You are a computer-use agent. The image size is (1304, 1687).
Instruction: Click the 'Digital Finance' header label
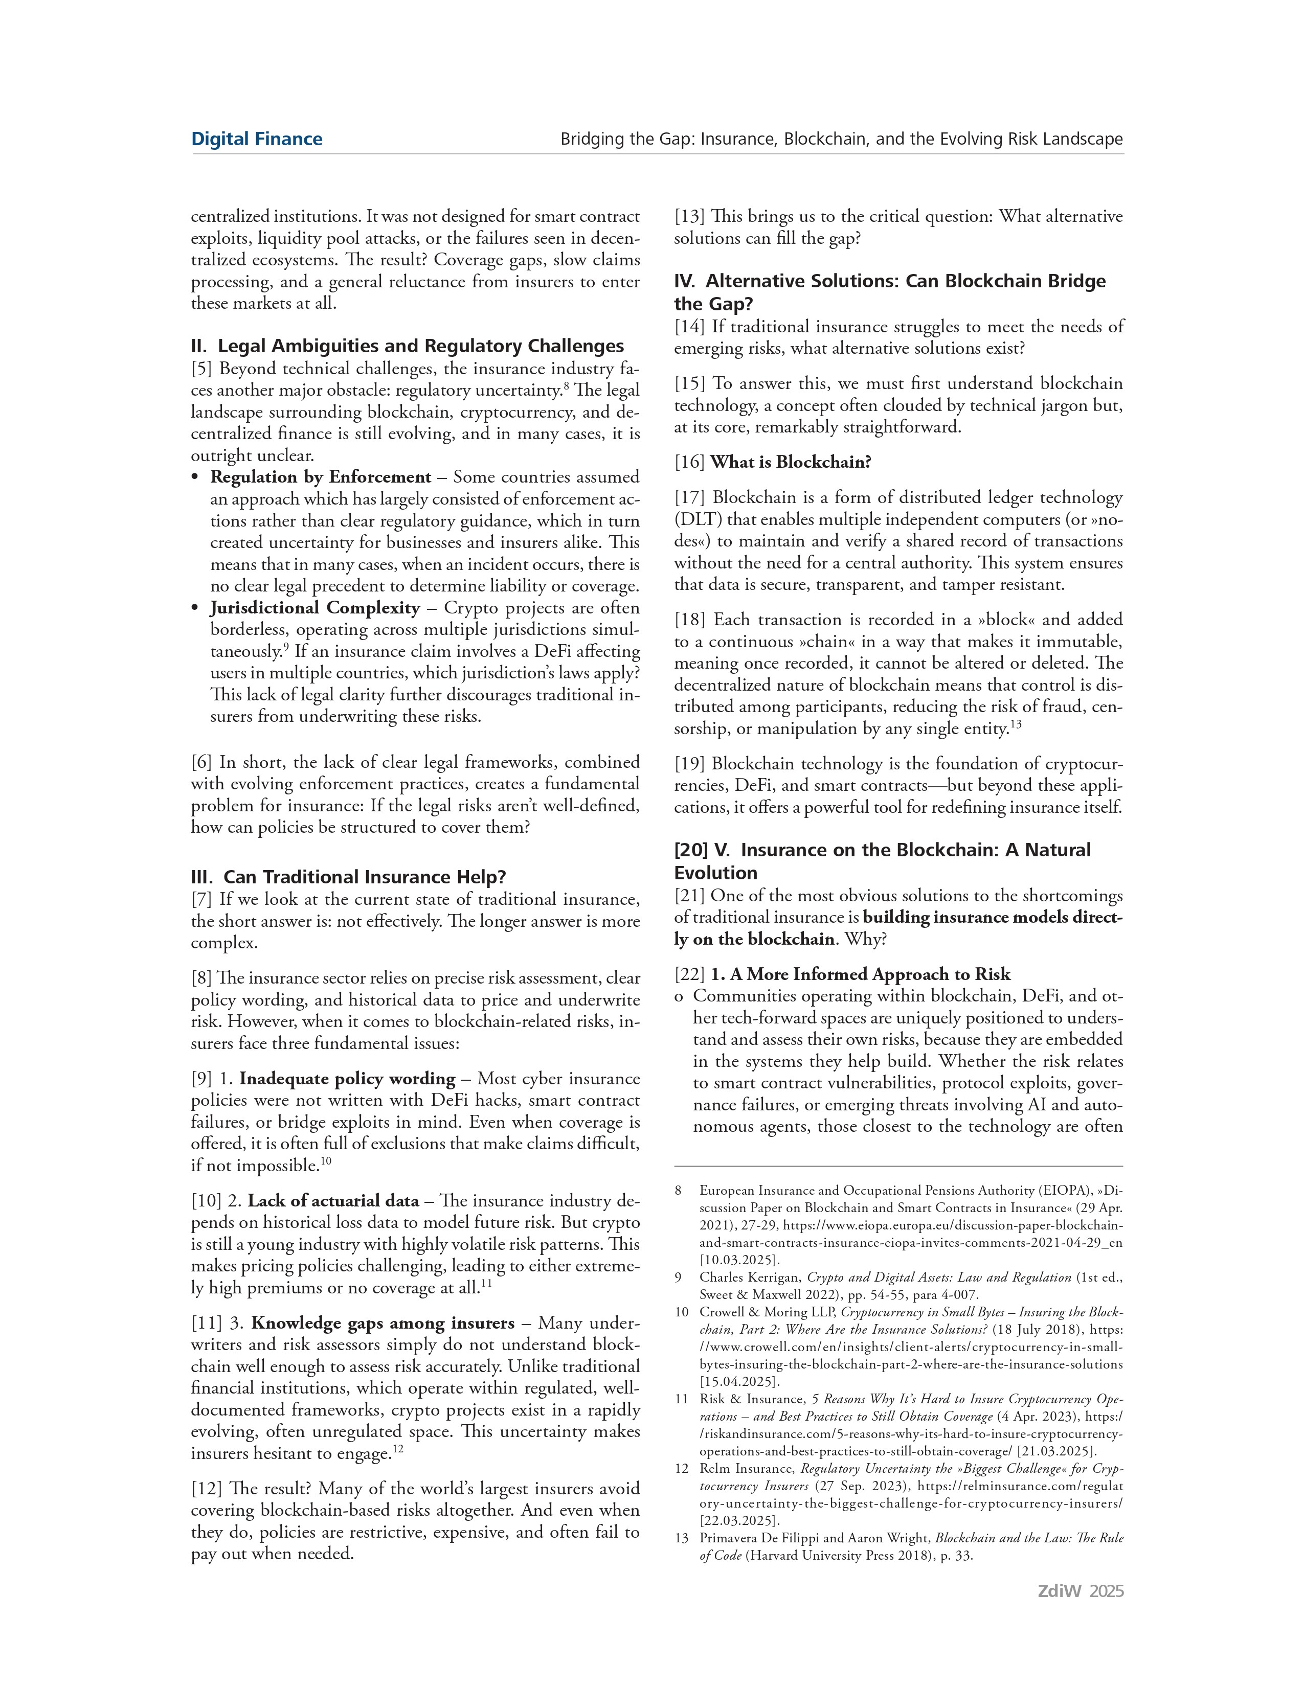tap(257, 139)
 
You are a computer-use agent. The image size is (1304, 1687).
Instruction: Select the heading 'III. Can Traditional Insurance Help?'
tap(348, 877)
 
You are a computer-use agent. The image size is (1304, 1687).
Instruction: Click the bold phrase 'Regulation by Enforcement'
tap(321, 476)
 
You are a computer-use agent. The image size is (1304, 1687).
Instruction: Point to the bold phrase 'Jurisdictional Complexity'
tap(315, 608)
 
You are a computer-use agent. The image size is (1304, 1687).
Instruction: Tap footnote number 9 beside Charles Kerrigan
tap(678, 1278)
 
